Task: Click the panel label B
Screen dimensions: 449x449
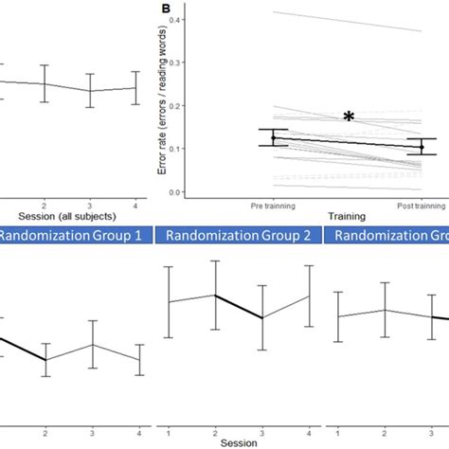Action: click(x=167, y=9)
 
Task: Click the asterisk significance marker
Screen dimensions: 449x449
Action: click(x=349, y=117)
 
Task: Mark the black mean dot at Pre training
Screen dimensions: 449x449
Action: click(x=274, y=138)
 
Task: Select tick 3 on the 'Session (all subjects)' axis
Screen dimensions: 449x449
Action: click(x=90, y=204)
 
